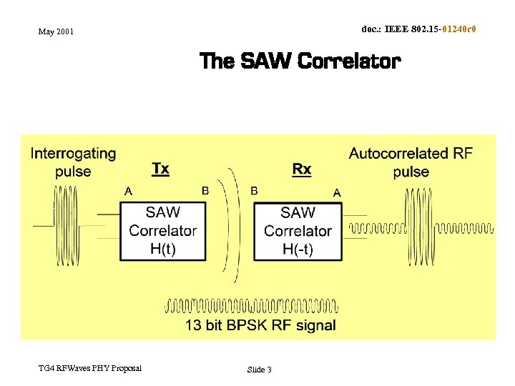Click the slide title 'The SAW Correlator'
point(300,61)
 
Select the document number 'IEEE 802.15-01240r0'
point(418,29)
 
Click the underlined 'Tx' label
point(161,169)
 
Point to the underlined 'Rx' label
point(302,169)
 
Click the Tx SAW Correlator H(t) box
point(163,230)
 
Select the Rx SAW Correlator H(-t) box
point(298,230)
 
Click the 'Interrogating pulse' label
point(73,162)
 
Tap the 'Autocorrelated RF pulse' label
point(411,162)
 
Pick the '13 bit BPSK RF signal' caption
point(260,326)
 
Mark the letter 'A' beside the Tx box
point(128,191)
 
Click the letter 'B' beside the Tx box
point(205,191)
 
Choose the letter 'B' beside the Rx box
point(254,191)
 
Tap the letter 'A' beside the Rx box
point(337,192)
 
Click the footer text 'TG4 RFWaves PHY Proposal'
point(90,368)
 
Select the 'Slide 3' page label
point(259,370)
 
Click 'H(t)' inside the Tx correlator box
point(163,249)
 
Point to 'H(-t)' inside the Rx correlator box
point(298,249)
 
